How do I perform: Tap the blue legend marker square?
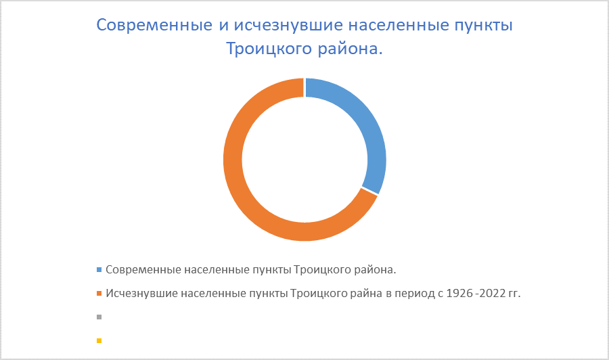pos(99,269)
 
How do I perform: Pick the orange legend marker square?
pos(99,293)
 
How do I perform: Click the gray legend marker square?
pos(99,317)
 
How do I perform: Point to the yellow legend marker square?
pos(99,340)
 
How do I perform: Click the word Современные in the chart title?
pos(154,25)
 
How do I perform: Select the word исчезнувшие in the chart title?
pos(288,25)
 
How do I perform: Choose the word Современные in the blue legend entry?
pos(143,269)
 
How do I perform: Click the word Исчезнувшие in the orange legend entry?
pos(142,293)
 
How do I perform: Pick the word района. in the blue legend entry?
pos(375,270)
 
